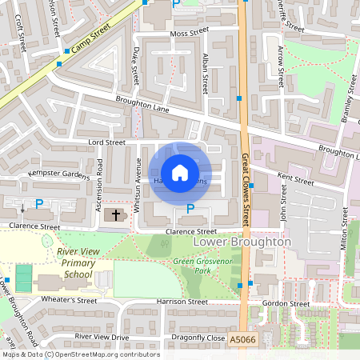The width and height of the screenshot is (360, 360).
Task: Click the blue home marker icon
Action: tap(180, 172)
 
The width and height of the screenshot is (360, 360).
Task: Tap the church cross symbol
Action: tap(115, 214)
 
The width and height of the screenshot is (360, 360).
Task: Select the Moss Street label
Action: tap(189, 34)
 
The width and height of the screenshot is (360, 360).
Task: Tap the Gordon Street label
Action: tap(286, 304)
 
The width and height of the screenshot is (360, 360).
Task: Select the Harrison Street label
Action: tap(182, 302)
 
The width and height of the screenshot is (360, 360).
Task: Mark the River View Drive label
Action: tap(102, 337)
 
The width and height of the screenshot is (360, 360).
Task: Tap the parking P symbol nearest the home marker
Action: tap(190, 210)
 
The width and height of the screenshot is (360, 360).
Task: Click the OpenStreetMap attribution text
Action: tap(80, 354)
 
